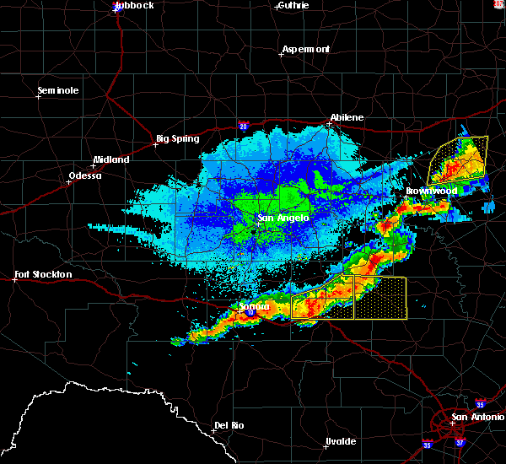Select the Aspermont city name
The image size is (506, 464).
coord(306,49)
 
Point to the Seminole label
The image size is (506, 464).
coord(58,90)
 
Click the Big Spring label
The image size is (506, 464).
coord(175,138)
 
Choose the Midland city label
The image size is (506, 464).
coord(111,159)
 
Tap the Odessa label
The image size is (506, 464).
coord(84,175)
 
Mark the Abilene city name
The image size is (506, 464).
coord(347,117)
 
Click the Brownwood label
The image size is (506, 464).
coord(431,191)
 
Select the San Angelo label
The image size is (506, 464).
coord(283,218)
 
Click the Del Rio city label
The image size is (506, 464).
coord(229,425)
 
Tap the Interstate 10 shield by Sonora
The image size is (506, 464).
coord(250,312)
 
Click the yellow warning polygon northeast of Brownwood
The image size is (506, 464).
coord(460,159)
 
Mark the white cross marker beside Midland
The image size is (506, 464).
coord(93,165)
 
